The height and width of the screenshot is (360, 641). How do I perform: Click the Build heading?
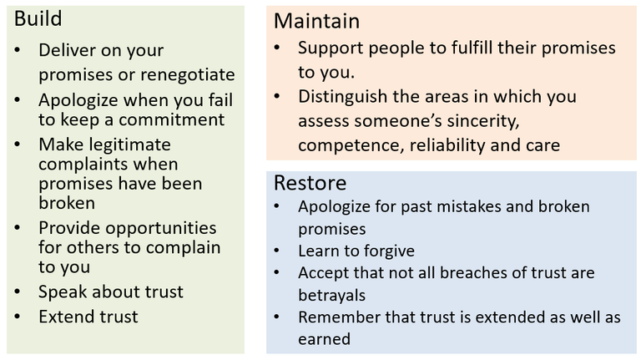pos(38,19)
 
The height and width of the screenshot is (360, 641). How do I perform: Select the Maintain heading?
pos(317,21)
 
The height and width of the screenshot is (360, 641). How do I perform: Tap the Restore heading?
pos(310,182)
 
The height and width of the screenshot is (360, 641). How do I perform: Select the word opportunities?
pos(161,228)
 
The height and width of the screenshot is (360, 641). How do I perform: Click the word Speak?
pos(63,292)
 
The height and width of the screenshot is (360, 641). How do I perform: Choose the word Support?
pos(331,48)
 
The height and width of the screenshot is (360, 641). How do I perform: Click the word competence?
pos(351,145)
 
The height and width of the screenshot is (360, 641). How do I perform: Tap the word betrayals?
pos(332,295)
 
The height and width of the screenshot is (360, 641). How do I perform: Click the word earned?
pos(324,339)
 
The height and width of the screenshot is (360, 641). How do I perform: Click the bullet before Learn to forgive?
pos(277,251)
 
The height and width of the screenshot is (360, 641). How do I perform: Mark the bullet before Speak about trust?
pos(18,292)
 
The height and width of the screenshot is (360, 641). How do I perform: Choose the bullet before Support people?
pos(277,48)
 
